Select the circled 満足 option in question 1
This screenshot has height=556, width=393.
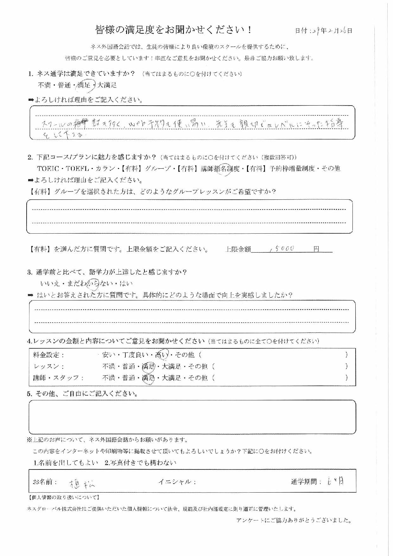pyautogui.click(x=84, y=85)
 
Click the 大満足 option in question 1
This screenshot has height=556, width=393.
pyautogui.click(x=107, y=85)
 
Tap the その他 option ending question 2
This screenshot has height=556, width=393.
pyautogui.click(x=331, y=168)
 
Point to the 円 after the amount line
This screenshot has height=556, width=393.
pyautogui.click(x=316, y=249)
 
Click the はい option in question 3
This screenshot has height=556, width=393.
pyautogui.click(x=126, y=283)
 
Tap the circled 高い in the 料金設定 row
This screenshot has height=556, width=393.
pyautogui.click(x=161, y=355)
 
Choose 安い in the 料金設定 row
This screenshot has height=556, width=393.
pyautogui.click(x=109, y=355)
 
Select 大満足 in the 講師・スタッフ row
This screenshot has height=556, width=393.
pyautogui.click(x=171, y=378)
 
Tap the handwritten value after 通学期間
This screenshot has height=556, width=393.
pyautogui.click(x=335, y=482)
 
